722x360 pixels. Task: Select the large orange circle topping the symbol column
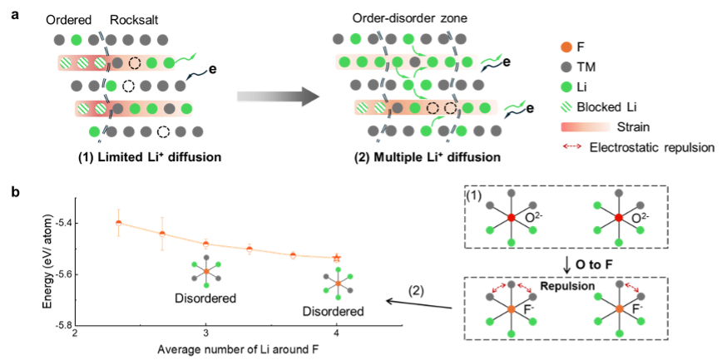coord(566,47)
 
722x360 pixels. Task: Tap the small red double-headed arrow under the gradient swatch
coord(571,146)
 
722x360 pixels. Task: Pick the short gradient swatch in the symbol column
coord(586,127)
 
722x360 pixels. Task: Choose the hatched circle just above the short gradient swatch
coord(566,106)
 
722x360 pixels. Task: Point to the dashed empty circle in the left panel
coord(135,63)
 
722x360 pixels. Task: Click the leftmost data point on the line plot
coord(119,223)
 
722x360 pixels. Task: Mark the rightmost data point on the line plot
coord(337,258)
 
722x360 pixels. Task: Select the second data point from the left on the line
coord(162,234)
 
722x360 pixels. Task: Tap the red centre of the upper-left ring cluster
coord(512,218)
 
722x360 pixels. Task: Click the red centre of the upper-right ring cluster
coord(618,218)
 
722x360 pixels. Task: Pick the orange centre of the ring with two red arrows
coord(512,309)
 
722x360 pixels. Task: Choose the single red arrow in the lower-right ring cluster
coord(632,287)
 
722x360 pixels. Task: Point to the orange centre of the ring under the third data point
coord(206,272)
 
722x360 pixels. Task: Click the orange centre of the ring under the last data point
coord(339,284)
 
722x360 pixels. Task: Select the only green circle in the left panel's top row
coord(77,40)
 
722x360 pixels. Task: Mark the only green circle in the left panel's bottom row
coord(95,131)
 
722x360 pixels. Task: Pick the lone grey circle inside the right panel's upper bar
coord(414,62)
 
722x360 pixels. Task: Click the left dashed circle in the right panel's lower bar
coord(433,108)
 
